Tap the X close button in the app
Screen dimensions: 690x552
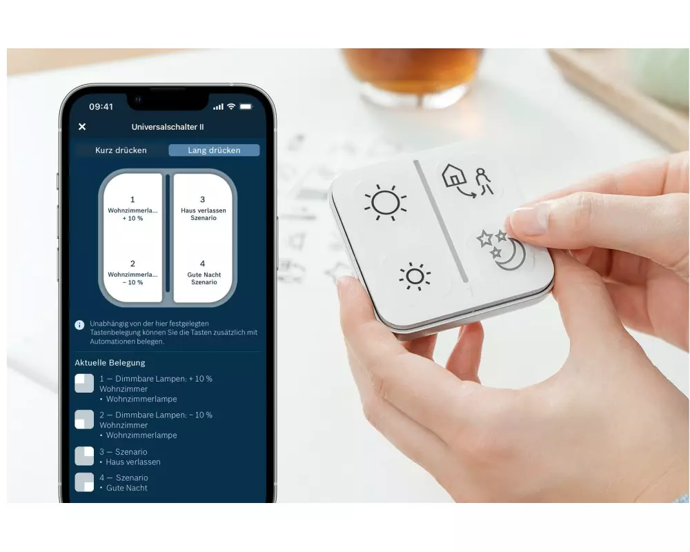pyautogui.click(x=82, y=127)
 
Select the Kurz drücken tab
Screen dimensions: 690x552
pyautogui.click(x=121, y=150)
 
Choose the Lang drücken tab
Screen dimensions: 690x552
pyautogui.click(x=215, y=150)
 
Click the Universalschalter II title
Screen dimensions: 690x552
pyautogui.click(x=168, y=127)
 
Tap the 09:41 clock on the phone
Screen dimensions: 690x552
pyautogui.click(x=101, y=106)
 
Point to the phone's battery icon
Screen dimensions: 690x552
pyautogui.click(x=246, y=106)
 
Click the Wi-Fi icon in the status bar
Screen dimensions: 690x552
pyautogui.click(x=231, y=106)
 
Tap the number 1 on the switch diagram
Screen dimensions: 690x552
pyautogui.click(x=132, y=199)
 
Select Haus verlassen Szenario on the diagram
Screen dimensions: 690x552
pyautogui.click(x=204, y=214)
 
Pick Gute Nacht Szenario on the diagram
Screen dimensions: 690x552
pyautogui.click(x=204, y=278)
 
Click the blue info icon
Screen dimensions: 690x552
pyautogui.click(x=79, y=325)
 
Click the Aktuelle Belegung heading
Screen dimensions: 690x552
pyautogui.click(x=110, y=363)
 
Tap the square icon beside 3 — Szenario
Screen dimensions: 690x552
pyautogui.click(x=84, y=456)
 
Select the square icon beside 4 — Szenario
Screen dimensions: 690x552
pyautogui.click(x=84, y=482)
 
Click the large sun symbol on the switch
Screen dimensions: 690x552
pyautogui.click(x=385, y=202)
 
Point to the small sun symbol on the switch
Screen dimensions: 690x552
pyautogui.click(x=415, y=277)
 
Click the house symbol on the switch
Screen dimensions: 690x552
pyautogui.click(x=454, y=176)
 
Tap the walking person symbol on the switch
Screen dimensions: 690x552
pyautogui.click(x=484, y=181)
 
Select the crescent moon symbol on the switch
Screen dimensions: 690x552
pyautogui.click(x=512, y=255)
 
